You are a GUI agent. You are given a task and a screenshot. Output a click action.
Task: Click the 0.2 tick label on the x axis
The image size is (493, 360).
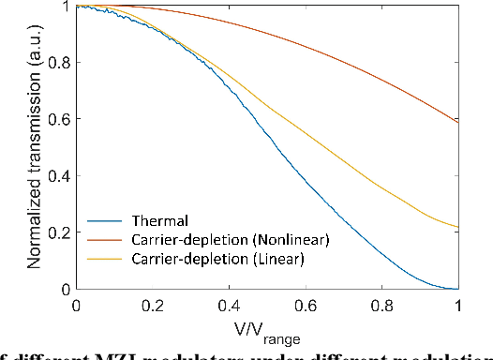[152, 306]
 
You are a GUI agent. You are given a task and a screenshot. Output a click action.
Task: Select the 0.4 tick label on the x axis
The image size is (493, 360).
[229, 306]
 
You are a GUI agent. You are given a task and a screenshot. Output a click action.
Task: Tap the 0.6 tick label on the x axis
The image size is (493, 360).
[305, 306]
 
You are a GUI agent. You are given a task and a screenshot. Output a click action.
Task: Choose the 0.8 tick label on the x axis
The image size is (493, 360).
[381, 306]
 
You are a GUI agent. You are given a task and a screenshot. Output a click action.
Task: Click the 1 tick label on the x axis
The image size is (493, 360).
[457, 306]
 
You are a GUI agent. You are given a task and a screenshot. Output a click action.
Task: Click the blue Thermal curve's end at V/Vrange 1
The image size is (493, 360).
[457, 289]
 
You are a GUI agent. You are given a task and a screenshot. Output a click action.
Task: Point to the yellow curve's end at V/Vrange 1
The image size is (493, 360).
[457, 227]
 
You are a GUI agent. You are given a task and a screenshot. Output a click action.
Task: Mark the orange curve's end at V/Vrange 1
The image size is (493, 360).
[457, 122]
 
